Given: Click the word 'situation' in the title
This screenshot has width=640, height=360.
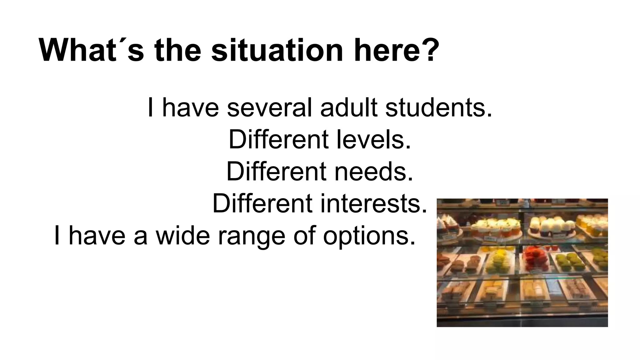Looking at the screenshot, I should [277, 50].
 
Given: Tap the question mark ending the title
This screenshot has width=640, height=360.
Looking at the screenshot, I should [428, 50].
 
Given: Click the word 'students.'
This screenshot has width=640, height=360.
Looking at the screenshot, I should [438, 108].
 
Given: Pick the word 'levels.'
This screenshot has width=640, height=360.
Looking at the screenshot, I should [374, 140].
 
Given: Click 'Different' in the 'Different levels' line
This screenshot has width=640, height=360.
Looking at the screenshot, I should [278, 140].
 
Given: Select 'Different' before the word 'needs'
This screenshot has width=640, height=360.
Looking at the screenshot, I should [276, 172].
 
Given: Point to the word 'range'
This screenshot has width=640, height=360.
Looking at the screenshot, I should [251, 236].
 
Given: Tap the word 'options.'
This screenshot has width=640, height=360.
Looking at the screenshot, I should [369, 236].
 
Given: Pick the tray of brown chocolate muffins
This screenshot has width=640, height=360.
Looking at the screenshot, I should [465, 264].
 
